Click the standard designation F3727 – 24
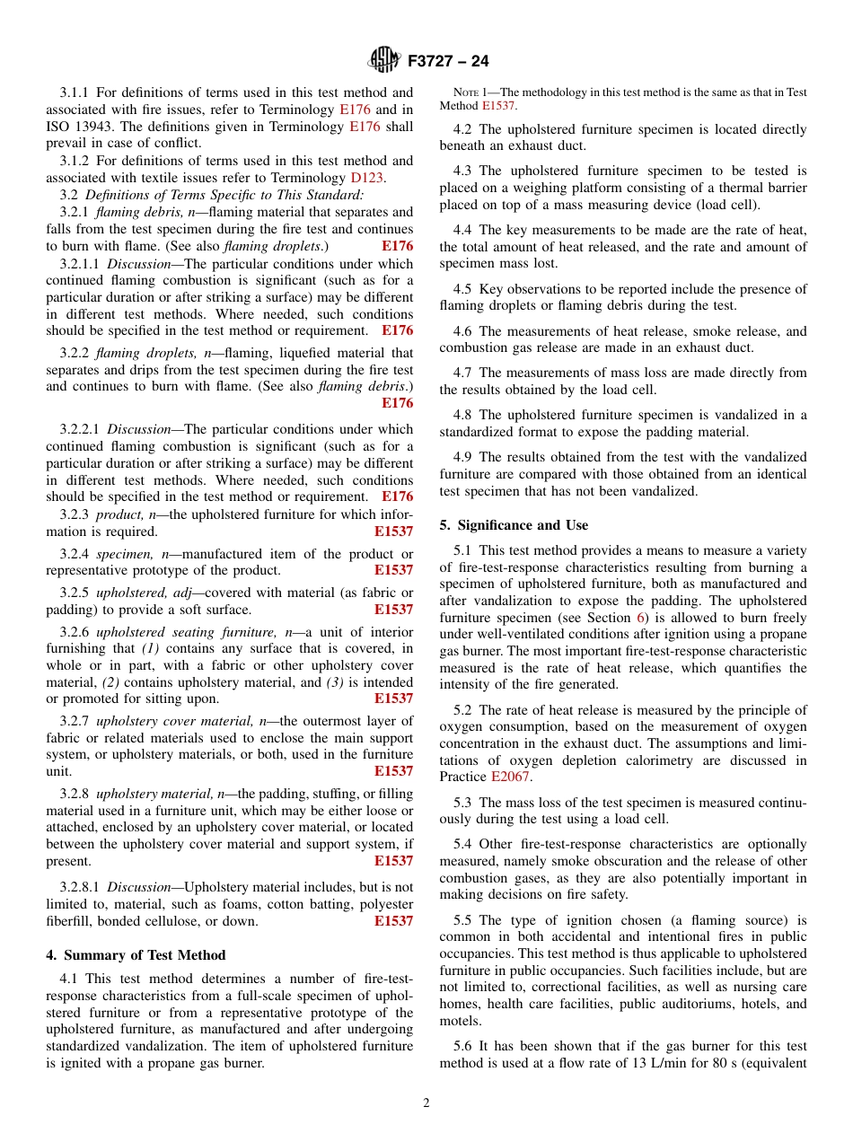[x=448, y=62]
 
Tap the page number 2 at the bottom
[x=426, y=1103]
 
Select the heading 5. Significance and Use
[x=514, y=525]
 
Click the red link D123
[x=366, y=178]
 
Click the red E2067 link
[x=509, y=777]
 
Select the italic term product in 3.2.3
[x=118, y=514]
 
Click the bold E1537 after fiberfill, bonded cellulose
[x=393, y=921]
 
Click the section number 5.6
[x=463, y=1047]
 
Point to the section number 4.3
[x=463, y=171]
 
